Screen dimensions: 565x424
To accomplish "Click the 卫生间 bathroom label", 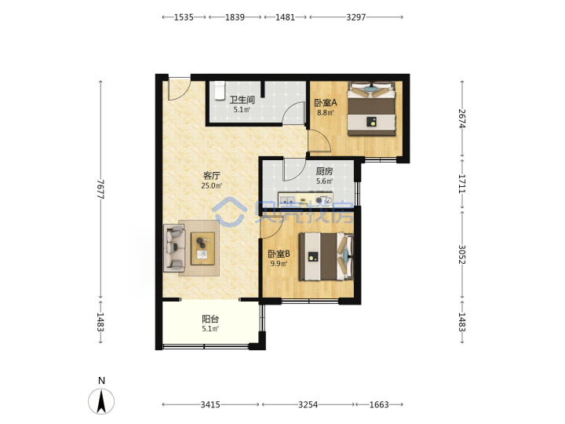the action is click(242, 100).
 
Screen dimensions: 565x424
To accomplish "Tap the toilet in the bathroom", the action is click(219, 90).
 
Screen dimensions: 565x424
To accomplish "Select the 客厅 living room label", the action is click(212, 176).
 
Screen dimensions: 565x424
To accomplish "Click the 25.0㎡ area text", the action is click(212, 186).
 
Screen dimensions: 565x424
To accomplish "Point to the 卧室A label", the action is click(326, 103).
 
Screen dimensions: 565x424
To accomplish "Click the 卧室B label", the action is click(279, 254).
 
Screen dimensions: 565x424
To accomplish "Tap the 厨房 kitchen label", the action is click(324, 171).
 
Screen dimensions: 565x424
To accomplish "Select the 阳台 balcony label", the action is click(210, 319).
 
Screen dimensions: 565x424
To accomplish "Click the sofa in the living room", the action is click(174, 247).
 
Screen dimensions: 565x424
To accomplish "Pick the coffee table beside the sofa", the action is click(202, 248).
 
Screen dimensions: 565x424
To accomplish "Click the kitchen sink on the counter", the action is click(287, 199).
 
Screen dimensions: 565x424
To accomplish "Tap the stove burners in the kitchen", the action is click(323, 199).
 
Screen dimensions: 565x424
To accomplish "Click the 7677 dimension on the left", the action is click(100, 189).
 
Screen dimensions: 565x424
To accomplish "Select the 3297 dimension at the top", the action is click(356, 17).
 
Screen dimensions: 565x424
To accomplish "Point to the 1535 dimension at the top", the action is click(184, 17).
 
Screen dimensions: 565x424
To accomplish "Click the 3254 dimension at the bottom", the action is click(308, 405).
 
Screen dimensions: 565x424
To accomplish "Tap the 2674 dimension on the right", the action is click(462, 119).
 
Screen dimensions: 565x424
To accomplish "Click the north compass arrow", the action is click(101, 400).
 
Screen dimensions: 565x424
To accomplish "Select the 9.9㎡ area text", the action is click(279, 264).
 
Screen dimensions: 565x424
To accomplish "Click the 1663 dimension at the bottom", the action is click(379, 405).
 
